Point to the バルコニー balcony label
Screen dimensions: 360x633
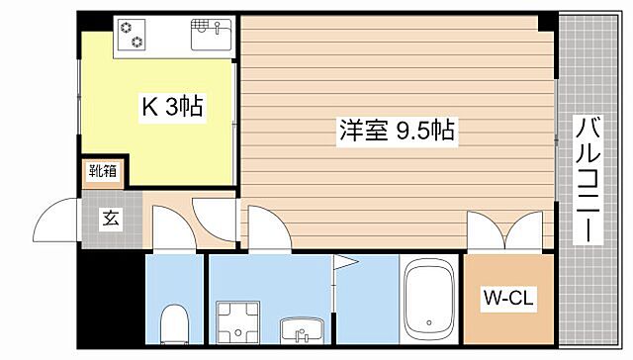(x=588, y=180)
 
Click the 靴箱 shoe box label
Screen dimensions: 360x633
(x=104, y=170)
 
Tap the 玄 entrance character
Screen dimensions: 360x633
(x=109, y=219)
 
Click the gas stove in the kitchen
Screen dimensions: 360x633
(x=132, y=35)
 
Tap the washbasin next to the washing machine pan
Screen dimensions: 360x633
(x=295, y=329)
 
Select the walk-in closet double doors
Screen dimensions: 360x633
(x=504, y=230)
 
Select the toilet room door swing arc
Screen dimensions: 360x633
(x=170, y=229)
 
